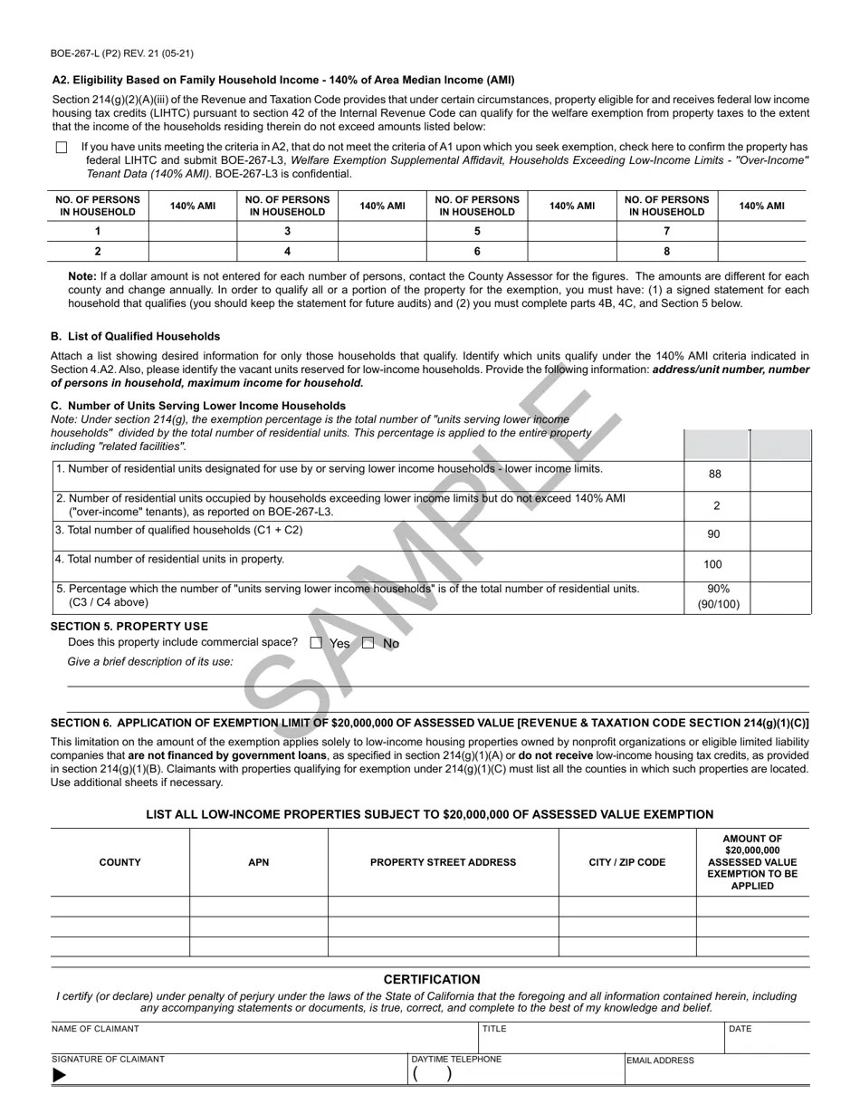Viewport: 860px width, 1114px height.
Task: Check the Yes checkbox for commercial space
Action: [316, 643]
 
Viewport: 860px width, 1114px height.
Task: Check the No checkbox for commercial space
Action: [368, 643]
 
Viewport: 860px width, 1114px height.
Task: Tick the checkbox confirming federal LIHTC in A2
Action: [62, 147]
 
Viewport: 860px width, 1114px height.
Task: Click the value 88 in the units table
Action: [715, 474]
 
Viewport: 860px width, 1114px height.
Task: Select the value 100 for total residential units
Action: [713, 564]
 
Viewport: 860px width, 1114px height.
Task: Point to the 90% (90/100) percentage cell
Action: [717, 596]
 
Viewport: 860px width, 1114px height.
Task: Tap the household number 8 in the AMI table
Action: [667, 252]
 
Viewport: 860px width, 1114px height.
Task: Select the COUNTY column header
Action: [119, 862]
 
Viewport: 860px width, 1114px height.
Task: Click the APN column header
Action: [258, 862]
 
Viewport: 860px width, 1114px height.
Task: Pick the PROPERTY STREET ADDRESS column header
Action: [443, 862]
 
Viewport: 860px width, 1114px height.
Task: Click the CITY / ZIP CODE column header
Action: [626, 862]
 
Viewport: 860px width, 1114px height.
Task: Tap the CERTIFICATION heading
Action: [431, 979]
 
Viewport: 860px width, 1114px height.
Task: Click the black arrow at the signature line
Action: [60, 1075]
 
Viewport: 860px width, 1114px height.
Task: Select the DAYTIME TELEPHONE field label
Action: [456, 1059]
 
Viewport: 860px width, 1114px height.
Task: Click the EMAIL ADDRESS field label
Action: [660, 1060]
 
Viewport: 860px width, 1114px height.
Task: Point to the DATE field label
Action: [740, 1029]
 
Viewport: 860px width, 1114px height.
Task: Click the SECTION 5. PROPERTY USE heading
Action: [129, 626]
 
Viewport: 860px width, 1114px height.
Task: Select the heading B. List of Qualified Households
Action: [135, 336]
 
